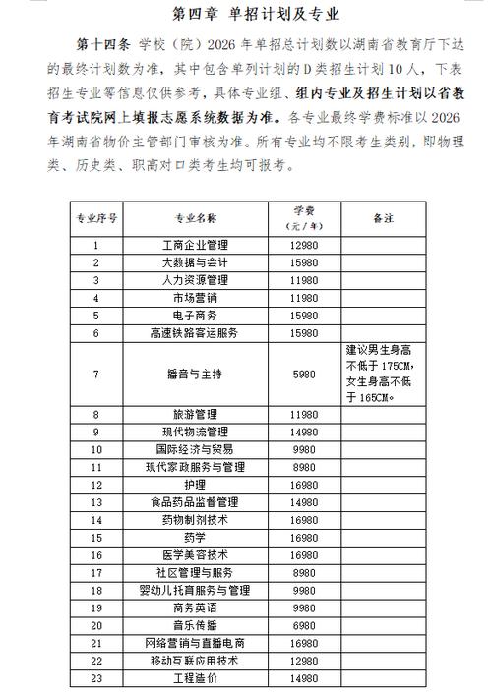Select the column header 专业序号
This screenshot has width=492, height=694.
point(95,217)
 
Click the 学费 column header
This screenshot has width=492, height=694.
point(304,217)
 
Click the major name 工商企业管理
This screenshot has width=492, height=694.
point(194,246)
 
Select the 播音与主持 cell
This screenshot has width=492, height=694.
point(194,375)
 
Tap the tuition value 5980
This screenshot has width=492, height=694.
point(304,375)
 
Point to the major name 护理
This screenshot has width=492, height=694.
point(194,485)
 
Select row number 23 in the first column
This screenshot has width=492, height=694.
point(95,679)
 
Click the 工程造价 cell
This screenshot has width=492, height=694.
point(194,679)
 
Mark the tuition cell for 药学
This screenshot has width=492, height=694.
point(304,538)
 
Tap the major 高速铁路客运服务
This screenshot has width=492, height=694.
point(194,333)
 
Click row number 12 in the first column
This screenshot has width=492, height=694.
point(95,485)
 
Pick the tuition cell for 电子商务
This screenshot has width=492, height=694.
point(304,316)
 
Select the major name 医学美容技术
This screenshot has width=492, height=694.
point(194,554)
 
